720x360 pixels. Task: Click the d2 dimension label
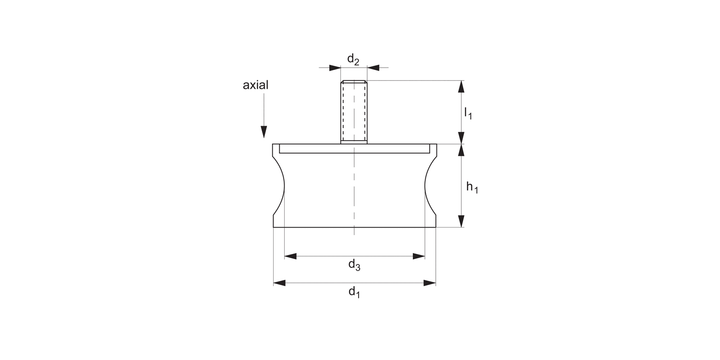(353, 60)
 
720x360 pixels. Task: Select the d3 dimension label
(354, 265)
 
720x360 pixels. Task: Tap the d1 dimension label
(354, 292)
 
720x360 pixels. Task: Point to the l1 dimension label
(468, 114)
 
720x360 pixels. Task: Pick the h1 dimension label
(472, 187)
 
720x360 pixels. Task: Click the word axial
(255, 85)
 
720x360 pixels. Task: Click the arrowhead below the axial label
(264, 132)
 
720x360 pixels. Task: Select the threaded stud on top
(354, 112)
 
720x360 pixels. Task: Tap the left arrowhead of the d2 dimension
(335, 68)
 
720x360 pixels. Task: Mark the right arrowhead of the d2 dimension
(373, 68)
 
